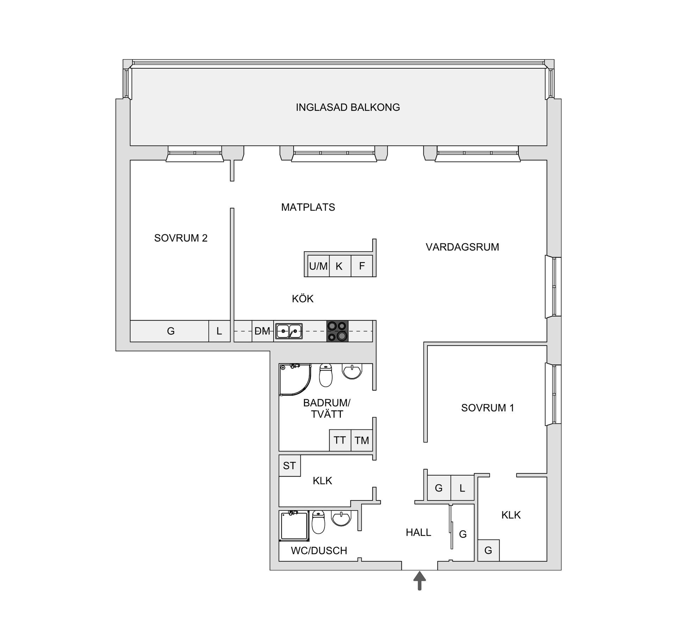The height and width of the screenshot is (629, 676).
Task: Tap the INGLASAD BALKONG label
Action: tap(348, 107)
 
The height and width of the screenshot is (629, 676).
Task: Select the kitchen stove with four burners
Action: tap(337, 331)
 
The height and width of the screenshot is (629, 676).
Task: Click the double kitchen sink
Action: tap(289, 331)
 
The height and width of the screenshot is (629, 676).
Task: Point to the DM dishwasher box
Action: tap(262, 331)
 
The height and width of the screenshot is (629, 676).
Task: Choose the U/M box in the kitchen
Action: tap(318, 266)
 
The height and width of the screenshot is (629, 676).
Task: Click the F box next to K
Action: tap(362, 266)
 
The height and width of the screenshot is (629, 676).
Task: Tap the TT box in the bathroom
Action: tap(340, 440)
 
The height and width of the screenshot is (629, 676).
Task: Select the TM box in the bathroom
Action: tap(362, 440)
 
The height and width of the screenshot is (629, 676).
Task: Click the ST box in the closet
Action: tap(289, 466)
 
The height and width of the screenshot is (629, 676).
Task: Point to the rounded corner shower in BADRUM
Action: tap(294, 379)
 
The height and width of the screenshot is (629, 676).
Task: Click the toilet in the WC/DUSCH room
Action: tap(319, 522)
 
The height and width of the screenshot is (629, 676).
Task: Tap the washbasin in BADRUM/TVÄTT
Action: tap(352, 372)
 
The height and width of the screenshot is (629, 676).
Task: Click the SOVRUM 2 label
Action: tap(181, 238)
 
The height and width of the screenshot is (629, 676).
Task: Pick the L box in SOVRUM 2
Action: tap(219, 331)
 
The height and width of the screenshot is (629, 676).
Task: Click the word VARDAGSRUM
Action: tap(462, 247)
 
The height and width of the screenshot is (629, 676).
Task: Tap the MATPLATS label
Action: tap(308, 207)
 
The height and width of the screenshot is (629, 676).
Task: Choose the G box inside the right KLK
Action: tap(488, 551)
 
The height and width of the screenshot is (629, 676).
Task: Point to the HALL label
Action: tap(418, 533)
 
